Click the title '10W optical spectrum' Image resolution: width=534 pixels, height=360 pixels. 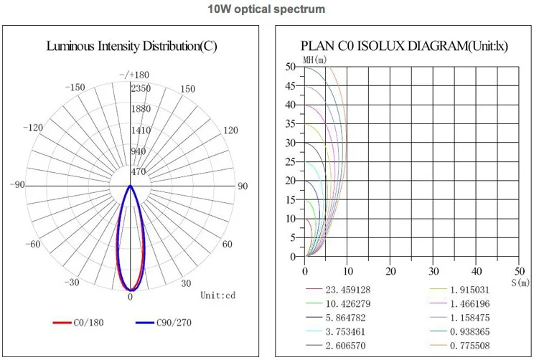(x=266, y=9)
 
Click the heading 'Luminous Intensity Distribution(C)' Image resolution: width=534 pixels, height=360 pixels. (x=131, y=47)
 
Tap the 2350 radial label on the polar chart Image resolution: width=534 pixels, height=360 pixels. (x=141, y=87)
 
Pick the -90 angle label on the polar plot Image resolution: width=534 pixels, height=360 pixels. (x=18, y=186)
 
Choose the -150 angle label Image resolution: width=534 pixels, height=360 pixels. (x=74, y=87)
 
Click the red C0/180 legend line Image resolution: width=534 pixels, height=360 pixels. (x=62, y=323)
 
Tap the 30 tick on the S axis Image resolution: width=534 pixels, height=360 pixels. (x=433, y=272)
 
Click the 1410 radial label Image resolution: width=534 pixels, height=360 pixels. (x=141, y=130)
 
